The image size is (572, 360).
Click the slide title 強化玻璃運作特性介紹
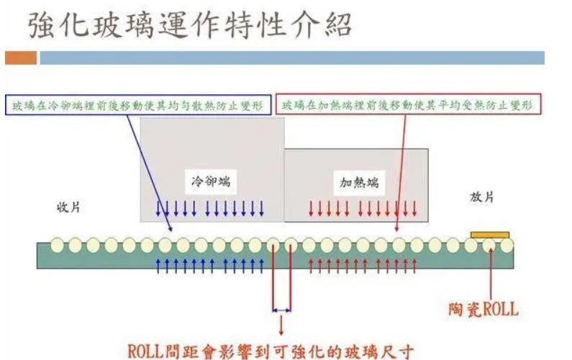click(190, 27)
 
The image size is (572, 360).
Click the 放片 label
click(481, 197)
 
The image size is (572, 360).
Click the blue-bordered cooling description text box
click(138, 105)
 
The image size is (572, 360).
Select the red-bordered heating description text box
click(409, 105)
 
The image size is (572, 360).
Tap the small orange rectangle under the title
click(20, 58)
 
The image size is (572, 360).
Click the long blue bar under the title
click(291, 58)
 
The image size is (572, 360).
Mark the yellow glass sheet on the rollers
click(490, 234)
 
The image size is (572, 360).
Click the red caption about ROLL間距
click(271, 351)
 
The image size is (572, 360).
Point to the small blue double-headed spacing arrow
click(281, 310)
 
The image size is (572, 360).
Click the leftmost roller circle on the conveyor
click(58, 246)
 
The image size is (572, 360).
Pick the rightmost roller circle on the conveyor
click(507, 246)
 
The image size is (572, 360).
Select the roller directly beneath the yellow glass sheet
click(489, 246)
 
